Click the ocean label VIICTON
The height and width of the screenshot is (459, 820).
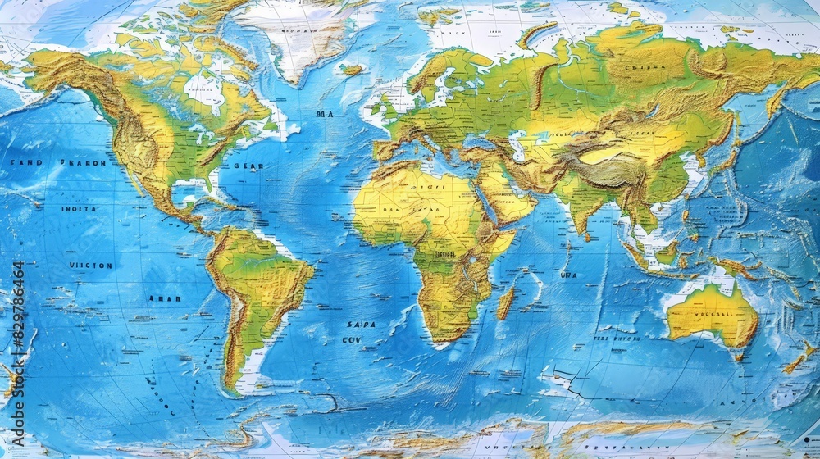pos(91,266)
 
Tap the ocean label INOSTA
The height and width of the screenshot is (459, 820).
pos(79,209)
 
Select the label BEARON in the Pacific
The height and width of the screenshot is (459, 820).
pos(83,163)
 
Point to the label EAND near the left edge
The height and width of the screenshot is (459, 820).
pos(25,163)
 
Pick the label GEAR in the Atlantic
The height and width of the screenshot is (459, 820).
pos(248,166)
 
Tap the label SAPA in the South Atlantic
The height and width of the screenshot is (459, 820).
pos(360,325)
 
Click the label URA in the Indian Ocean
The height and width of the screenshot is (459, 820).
pos(568,275)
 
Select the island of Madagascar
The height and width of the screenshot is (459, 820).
pos(505,302)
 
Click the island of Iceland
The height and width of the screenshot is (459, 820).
pos(353,70)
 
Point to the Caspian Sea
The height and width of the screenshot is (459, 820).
pos(517,146)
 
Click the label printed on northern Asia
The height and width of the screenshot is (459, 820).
pos(645,67)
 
